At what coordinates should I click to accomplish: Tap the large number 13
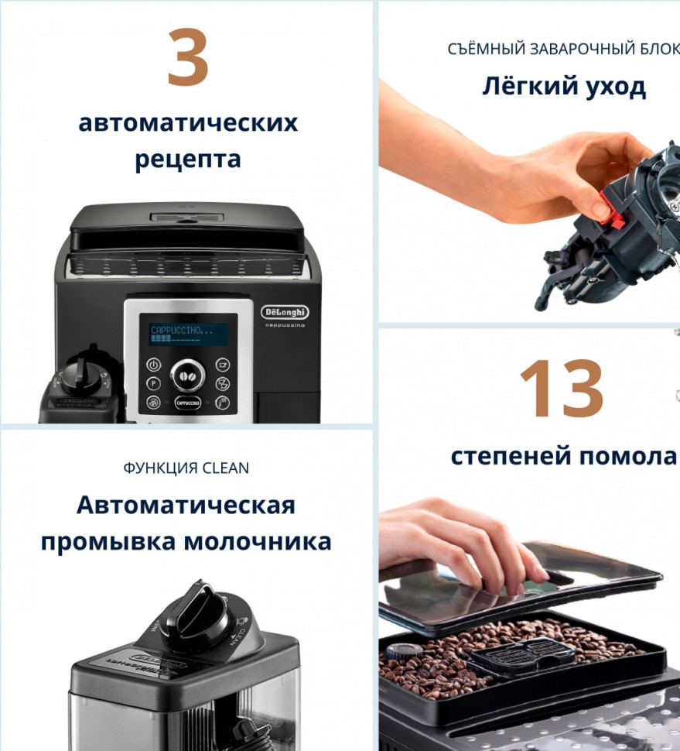click(x=561, y=389)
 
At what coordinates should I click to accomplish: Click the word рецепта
click(x=188, y=160)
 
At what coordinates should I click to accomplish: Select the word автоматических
click(x=188, y=122)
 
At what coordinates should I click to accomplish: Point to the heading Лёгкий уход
click(x=564, y=87)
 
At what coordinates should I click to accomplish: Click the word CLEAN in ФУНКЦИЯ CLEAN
click(x=226, y=468)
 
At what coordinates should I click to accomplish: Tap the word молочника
click(x=258, y=541)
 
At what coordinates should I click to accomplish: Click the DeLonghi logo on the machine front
click(x=285, y=311)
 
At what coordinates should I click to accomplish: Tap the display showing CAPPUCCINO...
click(x=189, y=334)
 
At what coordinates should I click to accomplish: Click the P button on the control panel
click(x=153, y=383)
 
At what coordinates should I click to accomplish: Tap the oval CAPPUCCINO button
click(x=187, y=403)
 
